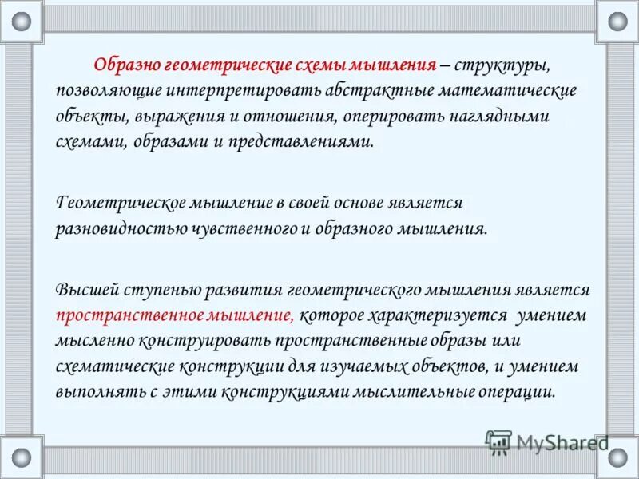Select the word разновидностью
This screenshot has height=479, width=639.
pyautogui.click(x=122, y=229)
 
